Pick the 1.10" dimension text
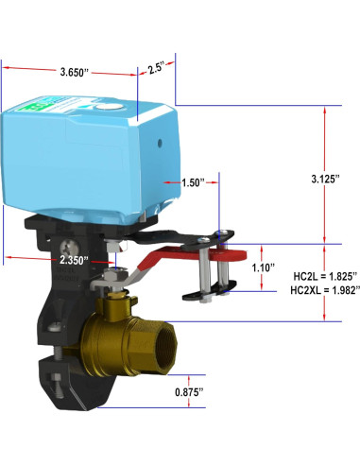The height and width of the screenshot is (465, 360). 265,268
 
